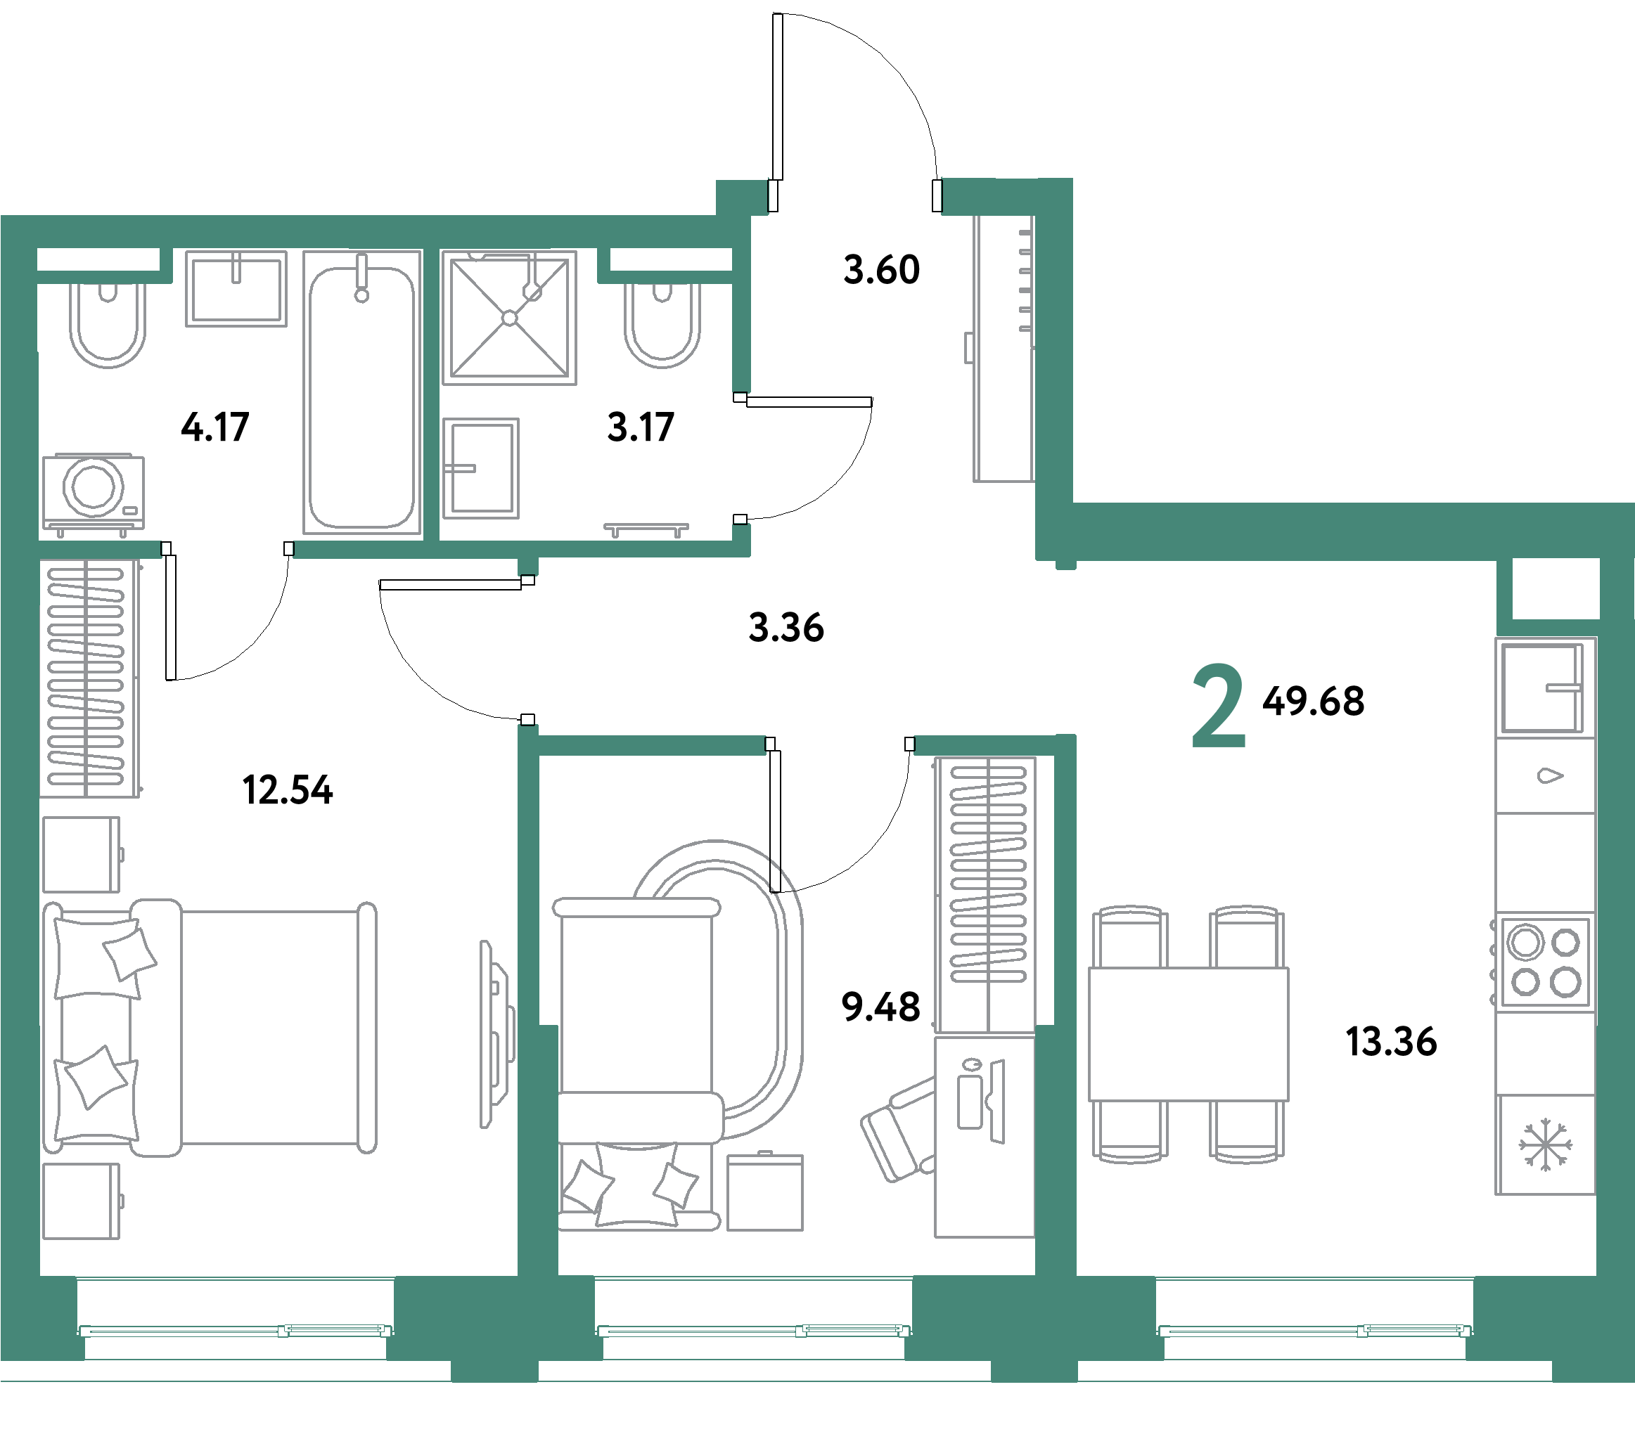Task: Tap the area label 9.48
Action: tap(880, 1007)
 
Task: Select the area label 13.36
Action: tap(1391, 1042)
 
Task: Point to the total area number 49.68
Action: tap(1314, 701)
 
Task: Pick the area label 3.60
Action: tap(881, 269)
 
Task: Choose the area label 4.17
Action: tap(215, 427)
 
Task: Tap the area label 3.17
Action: tap(641, 427)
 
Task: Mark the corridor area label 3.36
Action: tap(786, 627)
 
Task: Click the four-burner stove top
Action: tap(1544, 962)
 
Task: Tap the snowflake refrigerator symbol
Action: tap(1546, 1146)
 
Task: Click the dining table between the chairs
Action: tap(1188, 1033)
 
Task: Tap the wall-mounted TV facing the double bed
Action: tap(496, 1035)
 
